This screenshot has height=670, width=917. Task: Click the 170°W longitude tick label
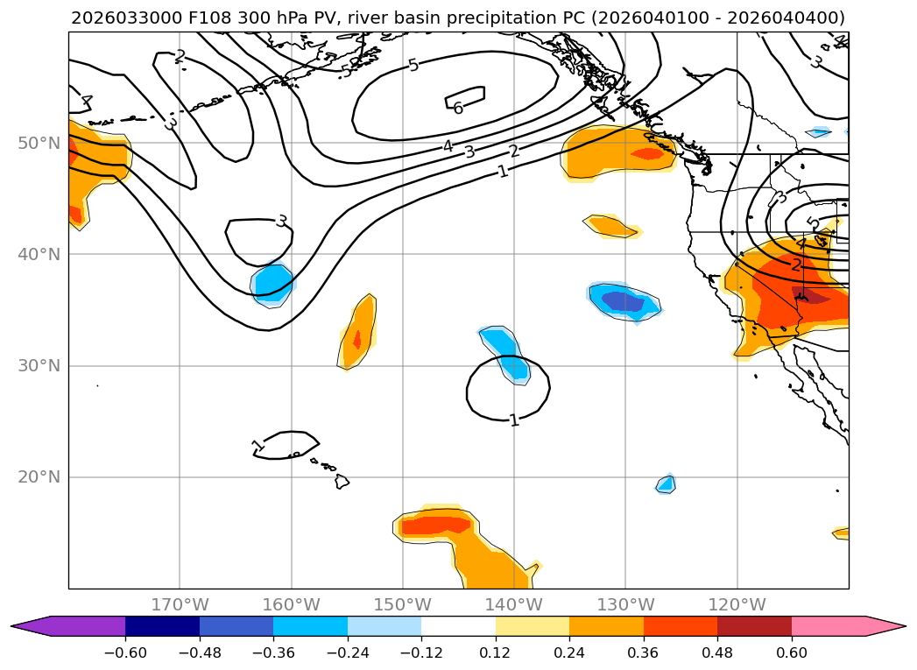coord(180,604)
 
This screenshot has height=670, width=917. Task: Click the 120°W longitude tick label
coord(737,604)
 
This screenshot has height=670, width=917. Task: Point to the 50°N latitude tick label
coord(39,143)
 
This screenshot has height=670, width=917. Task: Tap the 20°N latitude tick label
coord(39,477)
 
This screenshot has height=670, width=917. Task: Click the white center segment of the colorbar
coord(458,625)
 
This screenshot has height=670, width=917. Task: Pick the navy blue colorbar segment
coord(162,625)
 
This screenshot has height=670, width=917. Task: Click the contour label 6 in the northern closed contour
coord(458,109)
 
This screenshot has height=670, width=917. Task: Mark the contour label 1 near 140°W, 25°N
coord(514,420)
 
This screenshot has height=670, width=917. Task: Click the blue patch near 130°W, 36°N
coord(625,301)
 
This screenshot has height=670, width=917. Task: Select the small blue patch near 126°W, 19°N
coord(666,483)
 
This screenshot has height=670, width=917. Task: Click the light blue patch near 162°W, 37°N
coord(272,284)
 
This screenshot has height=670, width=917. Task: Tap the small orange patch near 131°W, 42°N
coord(611,226)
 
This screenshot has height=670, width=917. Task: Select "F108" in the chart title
coord(180,18)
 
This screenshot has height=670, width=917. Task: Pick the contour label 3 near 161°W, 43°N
coord(281,221)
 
